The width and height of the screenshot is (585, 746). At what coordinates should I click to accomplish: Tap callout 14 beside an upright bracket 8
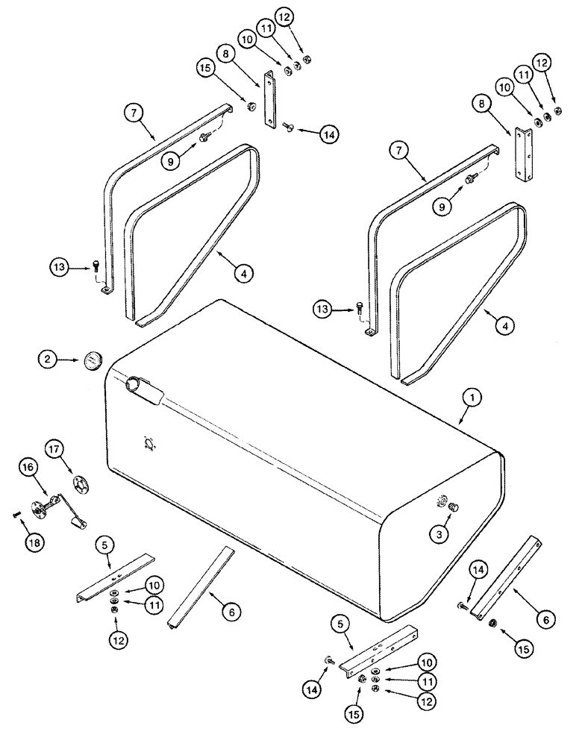coord(329,134)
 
